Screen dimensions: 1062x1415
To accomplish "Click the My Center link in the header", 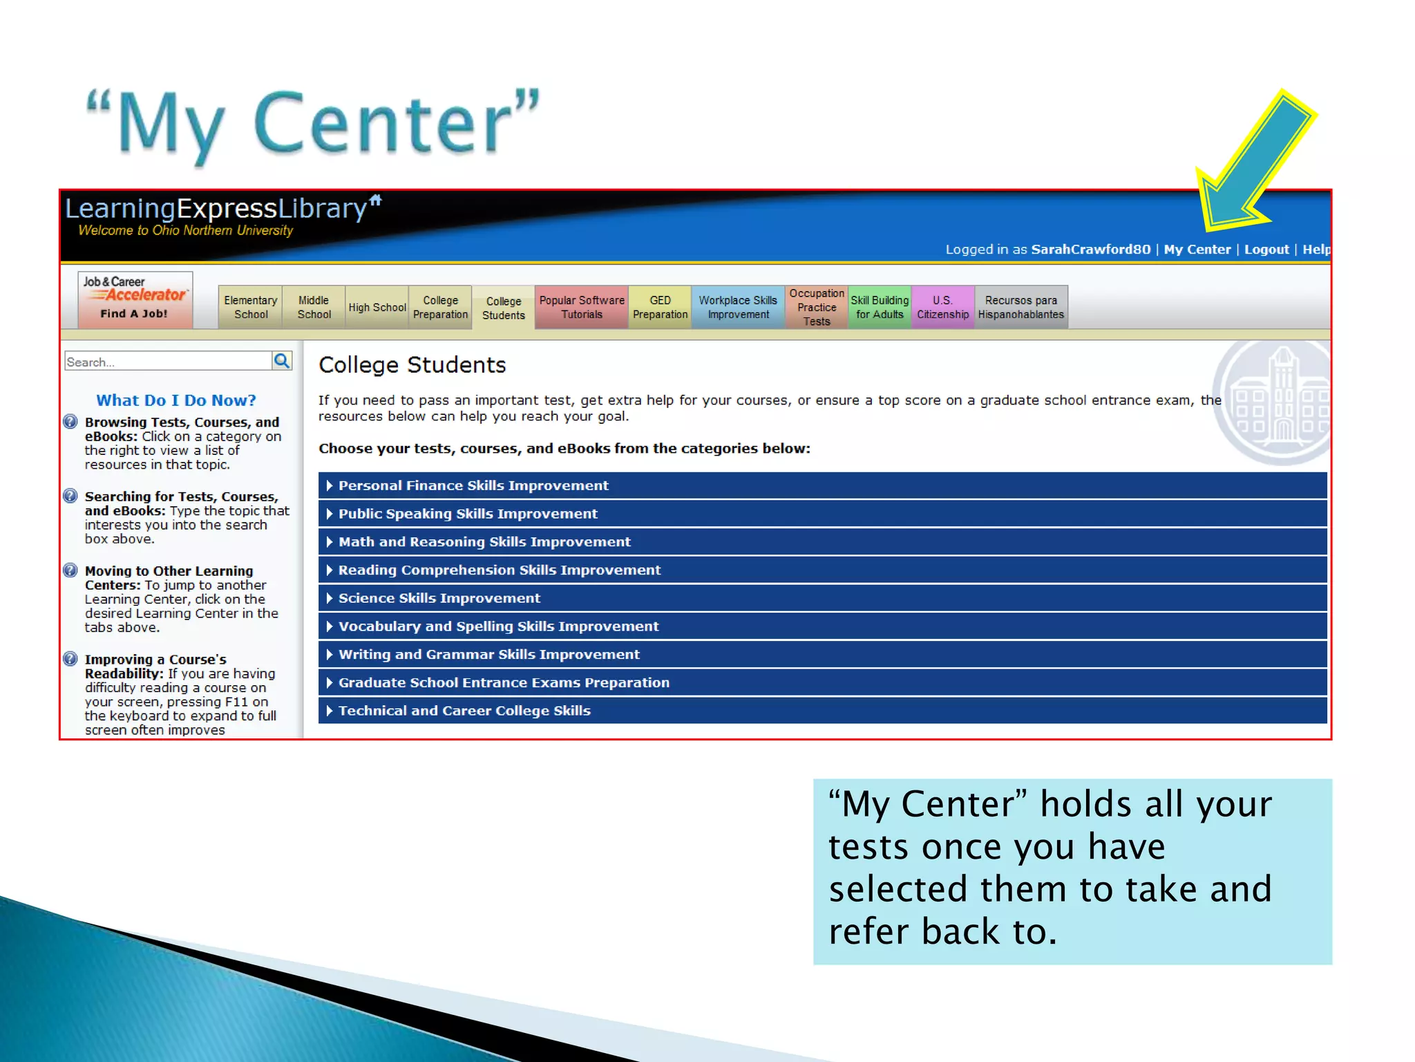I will point(1197,250).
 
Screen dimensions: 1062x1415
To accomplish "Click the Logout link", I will point(1266,250).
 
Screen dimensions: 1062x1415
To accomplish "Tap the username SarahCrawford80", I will point(1090,250).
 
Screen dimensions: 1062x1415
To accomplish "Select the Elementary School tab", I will point(250,307).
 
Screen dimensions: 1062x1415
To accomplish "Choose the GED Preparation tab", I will point(660,307).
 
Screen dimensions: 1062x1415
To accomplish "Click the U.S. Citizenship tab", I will point(942,307).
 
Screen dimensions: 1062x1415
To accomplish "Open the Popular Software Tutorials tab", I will point(581,307).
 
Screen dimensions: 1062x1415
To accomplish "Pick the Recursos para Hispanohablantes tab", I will point(1020,307).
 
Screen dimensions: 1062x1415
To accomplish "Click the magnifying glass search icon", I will point(281,360).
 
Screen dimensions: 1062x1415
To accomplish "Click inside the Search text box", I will point(167,362).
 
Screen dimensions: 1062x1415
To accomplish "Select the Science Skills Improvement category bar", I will point(822,598).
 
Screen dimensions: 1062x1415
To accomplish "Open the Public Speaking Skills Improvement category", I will point(822,514).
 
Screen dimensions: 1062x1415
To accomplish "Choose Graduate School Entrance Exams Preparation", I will point(822,682).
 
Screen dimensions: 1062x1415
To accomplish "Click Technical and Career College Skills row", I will point(822,711).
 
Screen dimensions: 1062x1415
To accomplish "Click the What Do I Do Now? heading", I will point(175,400).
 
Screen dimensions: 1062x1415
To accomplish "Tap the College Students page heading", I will point(412,365).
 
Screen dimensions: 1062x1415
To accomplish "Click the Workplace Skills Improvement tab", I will point(737,307).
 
